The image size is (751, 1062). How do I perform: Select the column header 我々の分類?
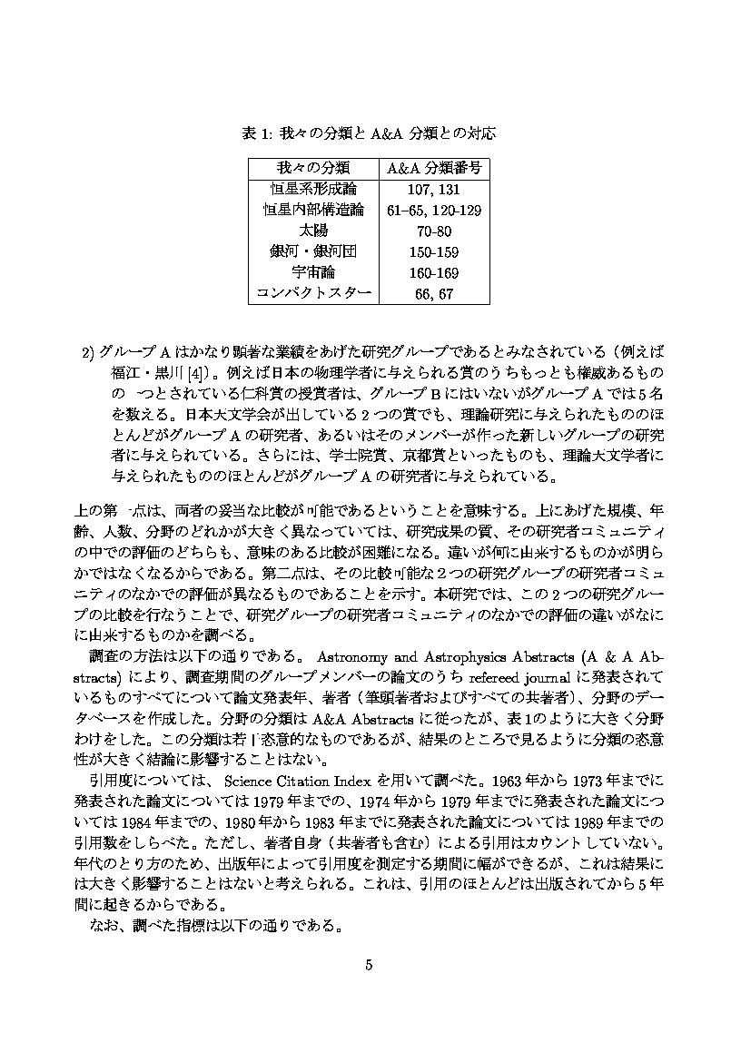pos(312,168)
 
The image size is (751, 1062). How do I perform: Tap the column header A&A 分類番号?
pos(433,168)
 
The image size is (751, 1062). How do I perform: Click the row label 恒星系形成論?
pos(312,189)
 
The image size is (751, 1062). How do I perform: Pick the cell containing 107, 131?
pos(433,189)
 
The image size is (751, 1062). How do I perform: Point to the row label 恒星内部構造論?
pos(312,210)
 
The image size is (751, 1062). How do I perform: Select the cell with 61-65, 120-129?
pos(433,210)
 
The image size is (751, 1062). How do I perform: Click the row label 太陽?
pos(312,231)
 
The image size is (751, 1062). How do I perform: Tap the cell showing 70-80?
pos(433,231)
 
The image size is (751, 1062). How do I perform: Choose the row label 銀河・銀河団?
pos(312,251)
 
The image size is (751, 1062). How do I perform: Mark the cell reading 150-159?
pos(433,251)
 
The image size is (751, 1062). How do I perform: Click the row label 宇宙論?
pos(312,272)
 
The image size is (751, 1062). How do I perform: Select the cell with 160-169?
pos(433,272)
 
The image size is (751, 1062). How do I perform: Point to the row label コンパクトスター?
pos(312,293)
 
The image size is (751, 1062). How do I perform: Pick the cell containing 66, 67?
pos(433,293)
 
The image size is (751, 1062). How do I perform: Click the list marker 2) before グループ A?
pos(91,352)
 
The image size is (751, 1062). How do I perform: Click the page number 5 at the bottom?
pos(370,964)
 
